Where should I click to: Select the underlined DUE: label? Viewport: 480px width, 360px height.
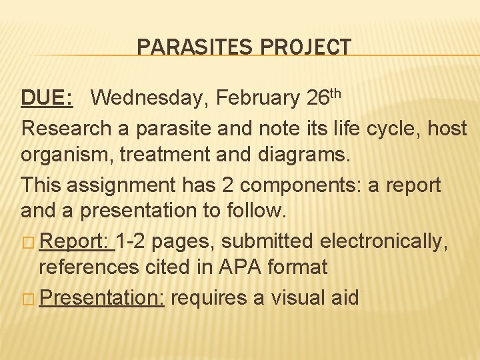click(47, 98)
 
